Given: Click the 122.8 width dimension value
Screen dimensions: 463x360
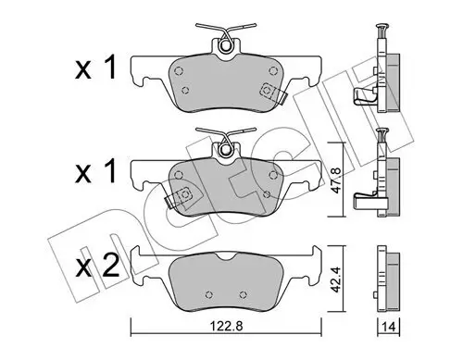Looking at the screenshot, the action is click(x=226, y=326).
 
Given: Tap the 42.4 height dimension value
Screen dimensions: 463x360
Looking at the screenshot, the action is click(x=336, y=279).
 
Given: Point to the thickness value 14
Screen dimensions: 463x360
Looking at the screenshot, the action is click(x=388, y=327).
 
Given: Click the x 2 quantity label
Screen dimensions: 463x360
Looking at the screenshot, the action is click(x=97, y=266).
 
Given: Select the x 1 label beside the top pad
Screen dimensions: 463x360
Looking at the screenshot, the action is click(x=95, y=68).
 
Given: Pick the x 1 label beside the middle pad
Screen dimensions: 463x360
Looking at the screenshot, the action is click(x=95, y=171).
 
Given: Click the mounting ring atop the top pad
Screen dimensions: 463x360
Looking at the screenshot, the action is click(x=226, y=45).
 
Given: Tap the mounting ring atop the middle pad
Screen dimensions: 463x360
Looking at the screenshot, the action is click(x=226, y=149).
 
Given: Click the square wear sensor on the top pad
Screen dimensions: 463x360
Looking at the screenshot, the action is click(x=267, y=91).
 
